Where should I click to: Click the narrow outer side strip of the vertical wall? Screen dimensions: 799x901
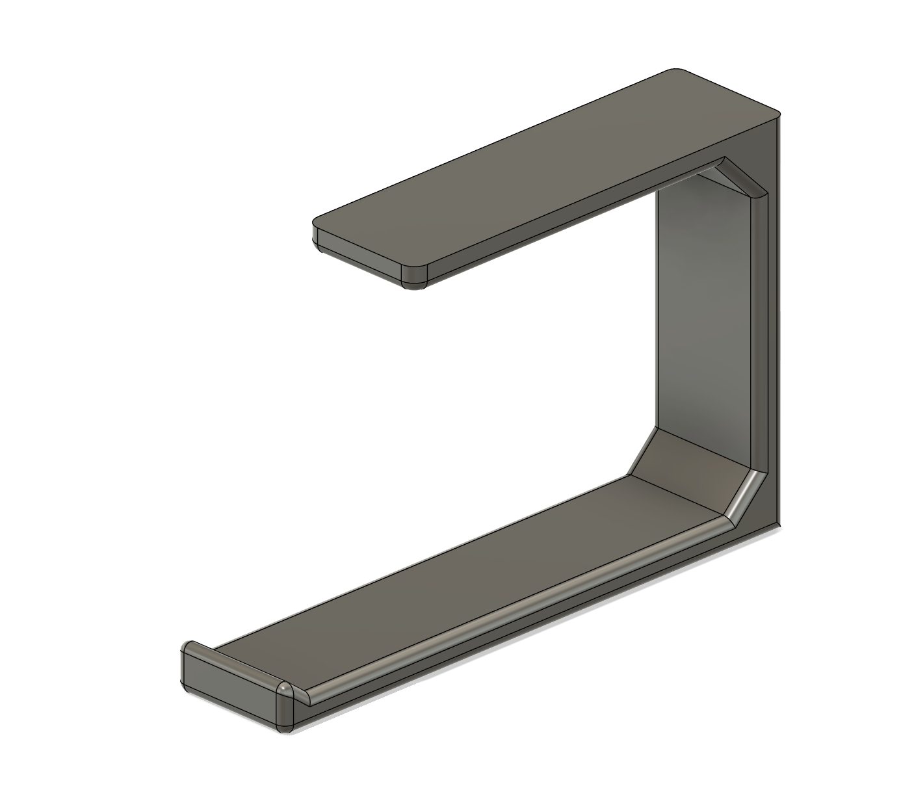coord(773,325)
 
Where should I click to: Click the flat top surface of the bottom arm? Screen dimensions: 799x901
coord(455,572)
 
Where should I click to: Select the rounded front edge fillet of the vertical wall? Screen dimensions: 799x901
coord(759,325)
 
